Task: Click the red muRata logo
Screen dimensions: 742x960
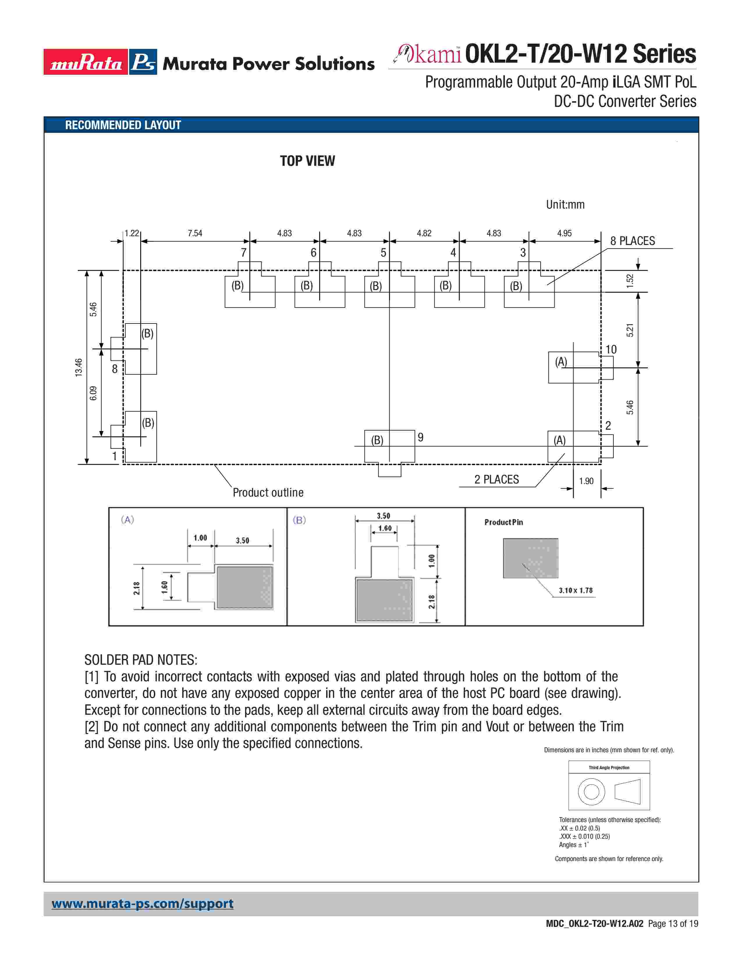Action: (x=86, y=62)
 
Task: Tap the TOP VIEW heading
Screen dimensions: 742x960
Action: (x=307, y=161)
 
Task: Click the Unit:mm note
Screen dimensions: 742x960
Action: (x=565, y=205)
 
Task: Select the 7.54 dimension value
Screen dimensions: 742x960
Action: (x=195, y=233)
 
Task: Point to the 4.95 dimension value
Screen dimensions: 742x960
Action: (x=565, y=233)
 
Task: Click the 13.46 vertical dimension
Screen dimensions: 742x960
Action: (x=79, y=367)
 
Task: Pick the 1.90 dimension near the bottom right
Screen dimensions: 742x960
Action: (x=586, y=481)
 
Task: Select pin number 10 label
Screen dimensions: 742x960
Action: (x=611, y=349)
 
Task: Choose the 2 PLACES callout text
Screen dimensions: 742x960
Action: (x=496, y=479)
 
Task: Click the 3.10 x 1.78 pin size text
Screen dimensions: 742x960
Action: (x=575, y=590)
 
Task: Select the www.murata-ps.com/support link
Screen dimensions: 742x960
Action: (x=142, y=904)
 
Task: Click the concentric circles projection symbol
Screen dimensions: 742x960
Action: (x=591, y=792)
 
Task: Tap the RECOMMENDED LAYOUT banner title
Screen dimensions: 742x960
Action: (x=123, y=125)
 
